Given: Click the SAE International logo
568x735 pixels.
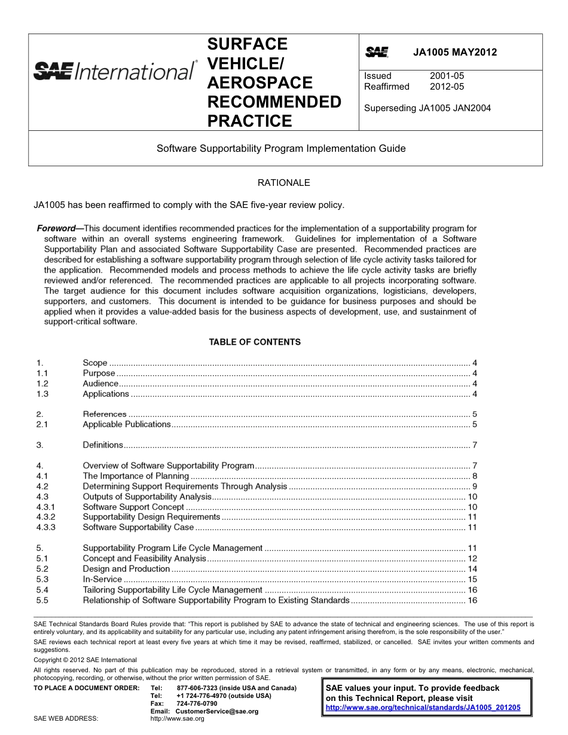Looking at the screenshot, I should (114, 71).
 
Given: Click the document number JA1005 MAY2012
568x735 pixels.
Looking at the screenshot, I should (455, 52).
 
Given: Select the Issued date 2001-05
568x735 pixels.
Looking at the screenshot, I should (447, 76).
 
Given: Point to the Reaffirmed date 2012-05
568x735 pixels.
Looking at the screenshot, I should (447, 87).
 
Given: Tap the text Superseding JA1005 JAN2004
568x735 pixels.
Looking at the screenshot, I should (427, 108).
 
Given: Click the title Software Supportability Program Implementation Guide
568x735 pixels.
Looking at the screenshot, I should (281, 148).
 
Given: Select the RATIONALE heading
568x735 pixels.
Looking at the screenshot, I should (283, 183).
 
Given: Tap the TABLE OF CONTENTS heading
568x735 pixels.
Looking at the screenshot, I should (255, 342).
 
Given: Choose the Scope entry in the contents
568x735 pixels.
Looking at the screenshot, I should (95, 363).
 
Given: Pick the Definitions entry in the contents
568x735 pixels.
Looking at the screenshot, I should (103, 445).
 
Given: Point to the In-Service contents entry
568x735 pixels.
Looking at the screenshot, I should (102, 579).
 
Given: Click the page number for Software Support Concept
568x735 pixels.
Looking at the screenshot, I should (472, 507).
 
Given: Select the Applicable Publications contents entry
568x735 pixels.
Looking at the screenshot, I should (127, 424).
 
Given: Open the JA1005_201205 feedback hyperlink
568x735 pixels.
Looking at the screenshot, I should (423, 708).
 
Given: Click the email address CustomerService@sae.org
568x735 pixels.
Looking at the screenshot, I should (217, 711).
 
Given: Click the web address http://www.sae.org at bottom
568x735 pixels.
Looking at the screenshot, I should (178, 719).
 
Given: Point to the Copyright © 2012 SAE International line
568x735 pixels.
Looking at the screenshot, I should (85, 660).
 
